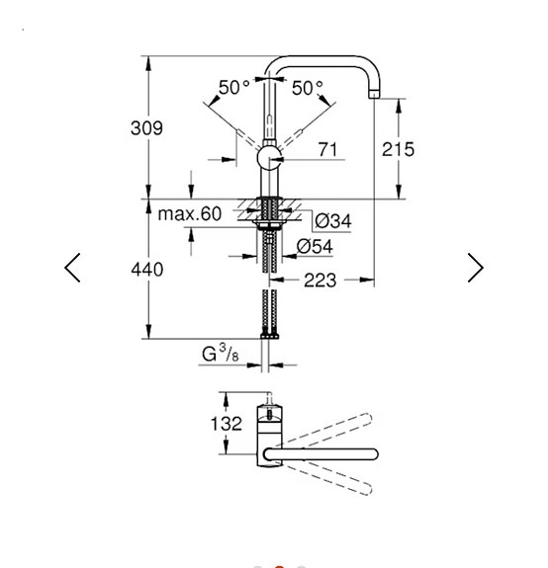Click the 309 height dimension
(146, 128)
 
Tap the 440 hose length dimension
(146, 270)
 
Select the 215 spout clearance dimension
(398, 149)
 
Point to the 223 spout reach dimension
(320, 280)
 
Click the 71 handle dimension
(327, 149)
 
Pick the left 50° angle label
(234, 87)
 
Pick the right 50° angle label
(308, 88)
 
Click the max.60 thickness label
(189, 213)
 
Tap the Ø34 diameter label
(333, 220)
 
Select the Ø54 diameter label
(315, 247)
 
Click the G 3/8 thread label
(221, 354)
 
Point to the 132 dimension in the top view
(226, 424)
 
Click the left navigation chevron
(72, 268)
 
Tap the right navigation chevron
(476, 268)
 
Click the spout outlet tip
(374, 95)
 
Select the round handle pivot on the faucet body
(269, 158)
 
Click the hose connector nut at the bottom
(269, 336)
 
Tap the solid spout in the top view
(320, 454)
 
